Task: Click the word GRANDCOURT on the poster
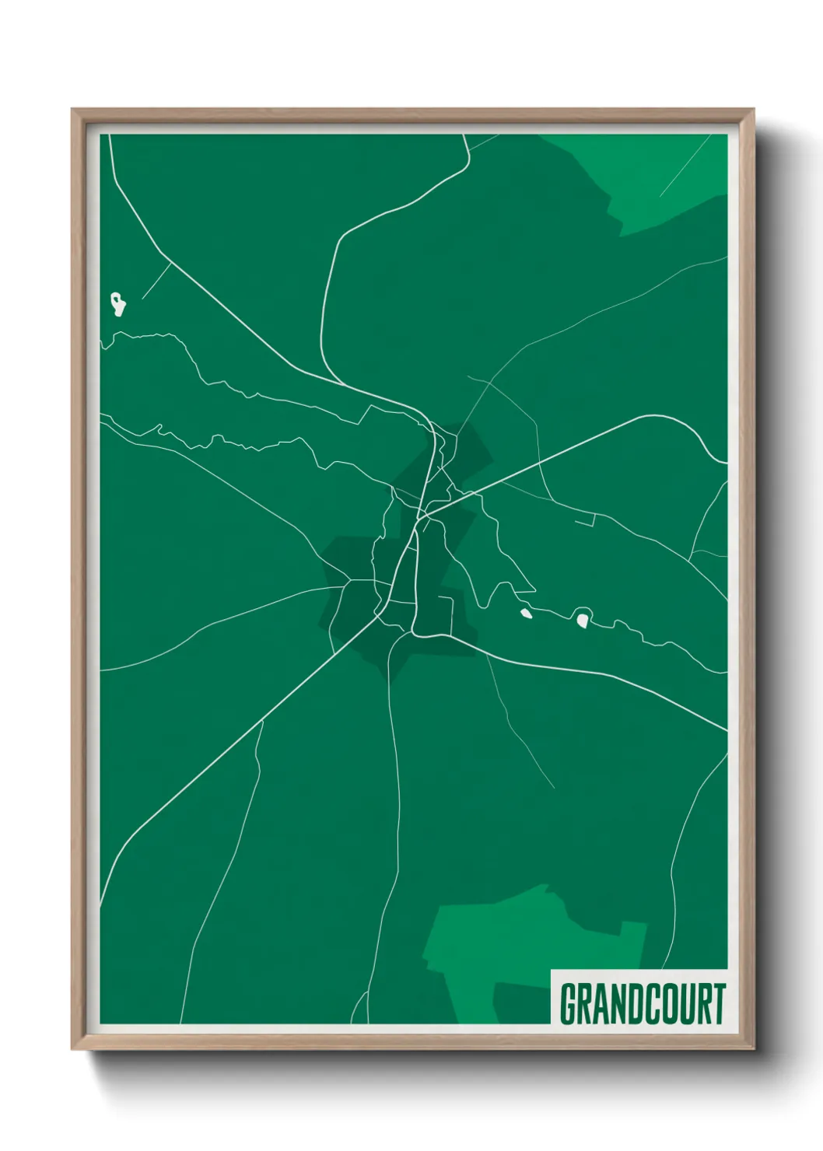(642, 1004)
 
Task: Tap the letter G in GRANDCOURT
(568, 1004)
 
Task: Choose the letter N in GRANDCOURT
(604, 1004)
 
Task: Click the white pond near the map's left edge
(118, 304)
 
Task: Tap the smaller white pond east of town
(526, 615)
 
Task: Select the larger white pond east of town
(582, 620)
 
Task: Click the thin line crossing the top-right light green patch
(685, 166)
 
